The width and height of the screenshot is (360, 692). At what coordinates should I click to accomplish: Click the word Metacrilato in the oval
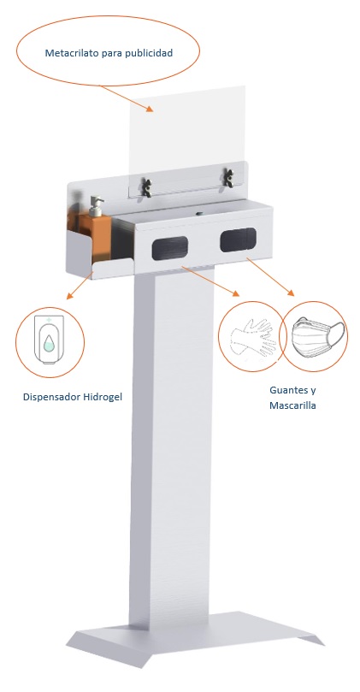click(71, 53)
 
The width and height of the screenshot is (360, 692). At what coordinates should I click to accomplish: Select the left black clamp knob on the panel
click(148, 180)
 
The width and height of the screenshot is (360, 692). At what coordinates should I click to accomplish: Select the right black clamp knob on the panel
click(228, 177)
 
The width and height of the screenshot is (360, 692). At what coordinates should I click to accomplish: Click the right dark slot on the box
click(237, 240)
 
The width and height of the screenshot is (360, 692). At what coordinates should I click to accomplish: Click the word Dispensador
click(56, 397)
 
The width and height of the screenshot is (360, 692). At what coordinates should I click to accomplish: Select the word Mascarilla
click(292, 405)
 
